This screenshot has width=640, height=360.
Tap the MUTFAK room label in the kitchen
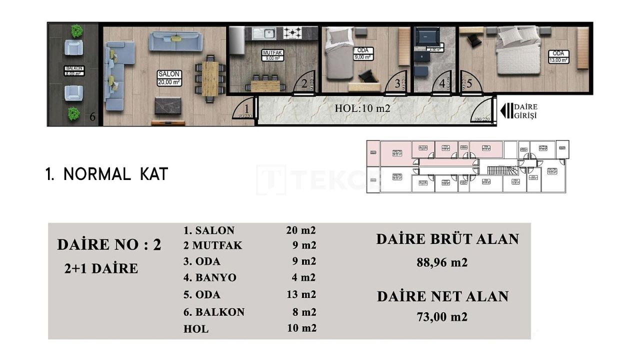[273, 54]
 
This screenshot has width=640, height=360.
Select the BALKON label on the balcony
[74, 70]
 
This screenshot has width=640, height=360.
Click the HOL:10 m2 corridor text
[362, 108]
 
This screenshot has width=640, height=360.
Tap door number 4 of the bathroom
[442, 84]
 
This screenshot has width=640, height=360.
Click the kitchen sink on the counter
[263, 33]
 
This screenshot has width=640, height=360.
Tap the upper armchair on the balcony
[74, 48]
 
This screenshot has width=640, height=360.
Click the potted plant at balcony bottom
[74, 114]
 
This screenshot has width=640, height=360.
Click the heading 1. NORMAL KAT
[107, 174]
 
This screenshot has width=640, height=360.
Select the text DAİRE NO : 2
[109, 244]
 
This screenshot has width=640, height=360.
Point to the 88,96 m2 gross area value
[442, 262]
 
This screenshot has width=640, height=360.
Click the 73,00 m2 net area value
[442, 316]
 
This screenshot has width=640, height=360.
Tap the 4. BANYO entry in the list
[210, 277]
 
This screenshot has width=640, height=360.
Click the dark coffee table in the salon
[167, 105]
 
